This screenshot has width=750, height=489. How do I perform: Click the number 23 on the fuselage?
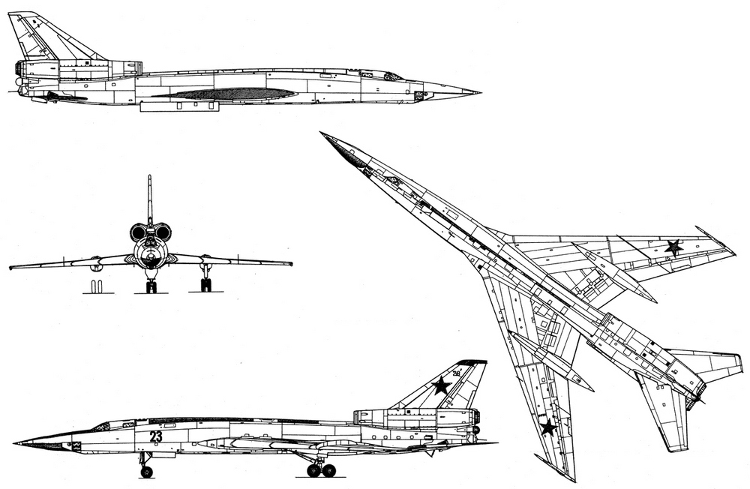[155, 436]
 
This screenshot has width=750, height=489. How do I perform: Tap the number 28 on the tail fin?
[456, 373]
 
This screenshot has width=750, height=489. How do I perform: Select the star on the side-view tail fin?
[441, 385]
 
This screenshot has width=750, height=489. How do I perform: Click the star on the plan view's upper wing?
[674, 247]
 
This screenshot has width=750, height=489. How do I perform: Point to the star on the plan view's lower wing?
[548, 427]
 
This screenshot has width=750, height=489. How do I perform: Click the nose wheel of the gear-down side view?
[146, 472]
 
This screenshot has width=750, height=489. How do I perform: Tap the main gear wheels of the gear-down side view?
[322, 470]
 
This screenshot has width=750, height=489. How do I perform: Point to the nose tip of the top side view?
[480, 91]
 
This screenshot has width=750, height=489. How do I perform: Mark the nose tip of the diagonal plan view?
[321, 133]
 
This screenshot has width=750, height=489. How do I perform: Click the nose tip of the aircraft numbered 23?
[15, 443]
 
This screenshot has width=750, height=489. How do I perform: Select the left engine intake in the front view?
[138, 233]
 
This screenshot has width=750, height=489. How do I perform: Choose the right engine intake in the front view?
[163, 232]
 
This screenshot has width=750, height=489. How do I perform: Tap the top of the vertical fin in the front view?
[150, 176]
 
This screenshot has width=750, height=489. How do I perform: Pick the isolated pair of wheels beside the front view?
[97, 286]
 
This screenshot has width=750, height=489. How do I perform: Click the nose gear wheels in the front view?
[151, 287]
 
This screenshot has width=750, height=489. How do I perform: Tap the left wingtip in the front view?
[11, 267]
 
